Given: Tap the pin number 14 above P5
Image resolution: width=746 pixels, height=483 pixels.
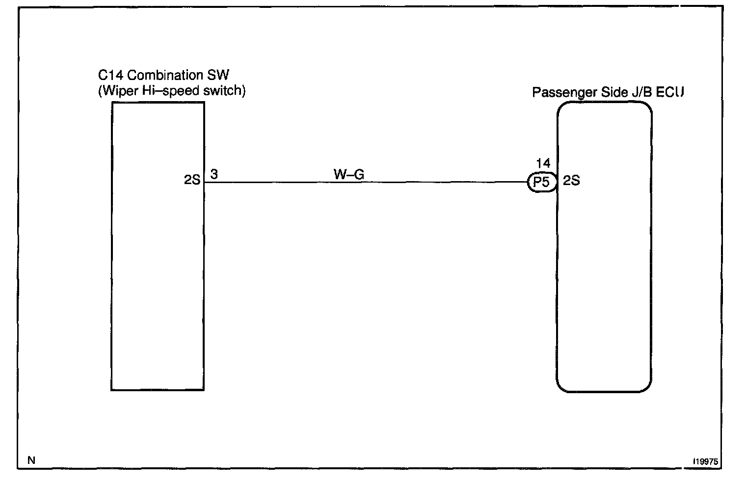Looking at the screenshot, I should (x=543, y=163).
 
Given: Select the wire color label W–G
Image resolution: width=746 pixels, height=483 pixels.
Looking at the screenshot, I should (x=349, y=174).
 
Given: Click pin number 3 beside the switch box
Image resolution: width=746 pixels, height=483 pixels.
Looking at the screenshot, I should (x=214, y=174).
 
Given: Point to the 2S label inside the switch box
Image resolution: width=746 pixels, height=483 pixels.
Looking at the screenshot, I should (x=192, y=180).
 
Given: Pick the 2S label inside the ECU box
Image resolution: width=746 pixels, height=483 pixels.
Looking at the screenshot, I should (x=571, y=181).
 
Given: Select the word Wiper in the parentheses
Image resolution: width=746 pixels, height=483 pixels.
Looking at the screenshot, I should (x=119, y=91).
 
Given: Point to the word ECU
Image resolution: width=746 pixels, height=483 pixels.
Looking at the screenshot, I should (x=670, y=92).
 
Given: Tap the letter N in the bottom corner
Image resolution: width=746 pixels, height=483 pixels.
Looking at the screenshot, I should (x=31, y=460).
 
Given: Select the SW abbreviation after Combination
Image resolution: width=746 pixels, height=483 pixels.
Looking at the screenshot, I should (x=218, y=76).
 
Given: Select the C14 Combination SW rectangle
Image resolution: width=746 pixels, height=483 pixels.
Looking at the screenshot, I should (x=158, y=285).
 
